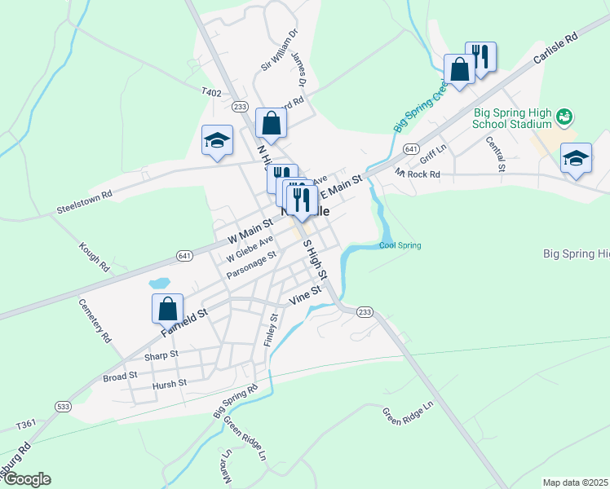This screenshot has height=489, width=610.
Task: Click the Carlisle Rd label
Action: click(555, 50)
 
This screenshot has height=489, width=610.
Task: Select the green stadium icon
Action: click(564, 118)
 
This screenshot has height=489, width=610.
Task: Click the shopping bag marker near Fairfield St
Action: click(167, 310)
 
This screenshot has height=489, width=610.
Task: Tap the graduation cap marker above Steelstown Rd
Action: click(218, 141)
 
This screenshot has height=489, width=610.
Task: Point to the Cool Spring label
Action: click(400, 245)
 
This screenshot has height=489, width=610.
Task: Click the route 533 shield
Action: click(63, 406)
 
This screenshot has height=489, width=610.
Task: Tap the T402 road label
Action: click(211, 93)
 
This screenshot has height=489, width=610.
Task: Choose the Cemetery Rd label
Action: click(95, 319)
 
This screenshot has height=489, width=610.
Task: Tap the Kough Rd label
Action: click(94, 256)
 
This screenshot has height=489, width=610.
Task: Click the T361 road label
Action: click(26, 424)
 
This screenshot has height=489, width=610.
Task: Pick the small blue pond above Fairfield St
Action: click(159, 284)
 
